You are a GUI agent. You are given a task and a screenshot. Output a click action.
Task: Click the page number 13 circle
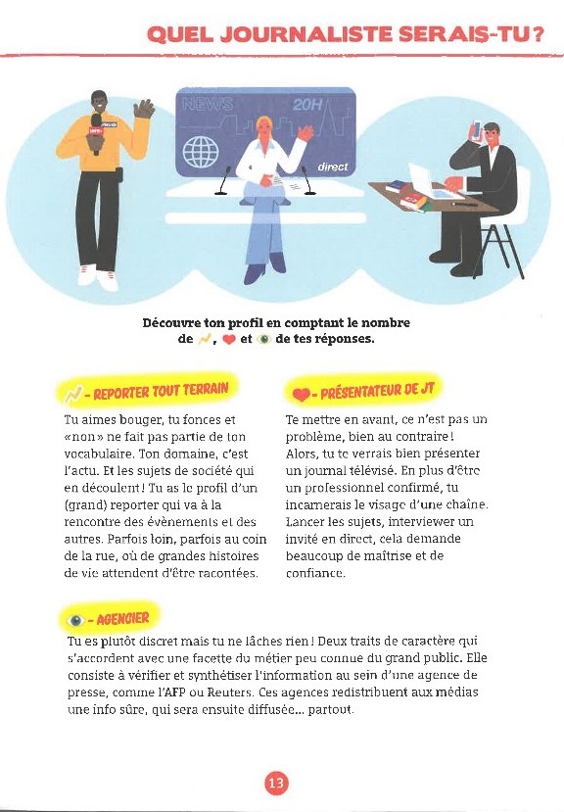tap(276, 783)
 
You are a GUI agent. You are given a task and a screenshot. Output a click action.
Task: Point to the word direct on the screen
tap(332, 167)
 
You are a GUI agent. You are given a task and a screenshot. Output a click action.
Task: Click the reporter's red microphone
tap(96, 127)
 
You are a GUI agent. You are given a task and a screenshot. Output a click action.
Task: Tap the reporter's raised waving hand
tap(145, 108)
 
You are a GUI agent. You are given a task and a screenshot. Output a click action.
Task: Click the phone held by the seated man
tap(477, 130)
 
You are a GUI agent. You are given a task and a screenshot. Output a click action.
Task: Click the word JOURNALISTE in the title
tap(311, 35)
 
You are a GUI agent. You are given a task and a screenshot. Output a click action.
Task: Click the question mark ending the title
tap(538, 35)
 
